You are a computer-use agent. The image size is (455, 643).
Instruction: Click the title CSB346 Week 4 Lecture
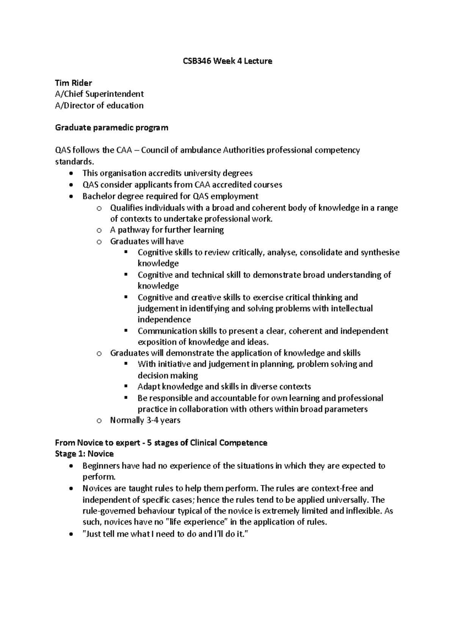[227, 61]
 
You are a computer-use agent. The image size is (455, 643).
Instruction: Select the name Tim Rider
[74, 83]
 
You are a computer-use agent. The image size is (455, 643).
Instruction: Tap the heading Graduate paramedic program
[111, 128]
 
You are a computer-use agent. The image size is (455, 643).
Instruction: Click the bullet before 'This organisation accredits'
[72, 173]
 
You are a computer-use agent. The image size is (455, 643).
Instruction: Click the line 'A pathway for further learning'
[167, 230]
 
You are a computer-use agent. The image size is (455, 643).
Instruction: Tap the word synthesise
[380, 252]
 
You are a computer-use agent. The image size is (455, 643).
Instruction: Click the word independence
[164, 319]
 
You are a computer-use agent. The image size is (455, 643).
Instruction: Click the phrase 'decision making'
[168, 376]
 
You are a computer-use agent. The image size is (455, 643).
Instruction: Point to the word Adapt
[149, 387]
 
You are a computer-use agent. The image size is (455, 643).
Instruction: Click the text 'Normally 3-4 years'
[145, 420]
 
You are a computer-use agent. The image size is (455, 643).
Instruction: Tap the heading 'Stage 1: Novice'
[84, 454]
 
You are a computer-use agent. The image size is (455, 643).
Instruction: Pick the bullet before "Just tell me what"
[72, 534]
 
